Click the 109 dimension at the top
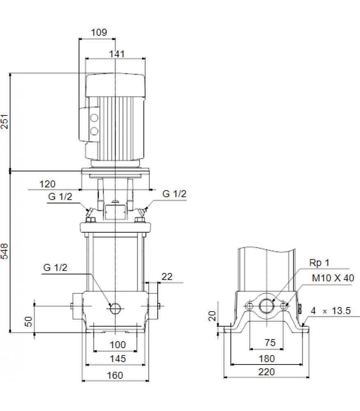tap(99, 32)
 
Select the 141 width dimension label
tap(117, 54)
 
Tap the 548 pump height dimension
tap(5, 251)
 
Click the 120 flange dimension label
tap(47, 184)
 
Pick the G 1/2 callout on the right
tap(174, 194)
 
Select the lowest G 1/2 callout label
tap(55, 268)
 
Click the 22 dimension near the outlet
tap(167, 277)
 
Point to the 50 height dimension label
tap(28, 321)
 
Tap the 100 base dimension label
tap(118, 345)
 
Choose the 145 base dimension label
tap(118, 358)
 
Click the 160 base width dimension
tap(115, 375)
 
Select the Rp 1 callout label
tap(319, 263)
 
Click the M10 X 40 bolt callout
tap(333, 278)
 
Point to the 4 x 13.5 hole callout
tap(331, 311)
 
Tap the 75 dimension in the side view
tap(270, 343)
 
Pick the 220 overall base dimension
tap(266, 372)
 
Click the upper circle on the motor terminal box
tap(94, 118)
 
